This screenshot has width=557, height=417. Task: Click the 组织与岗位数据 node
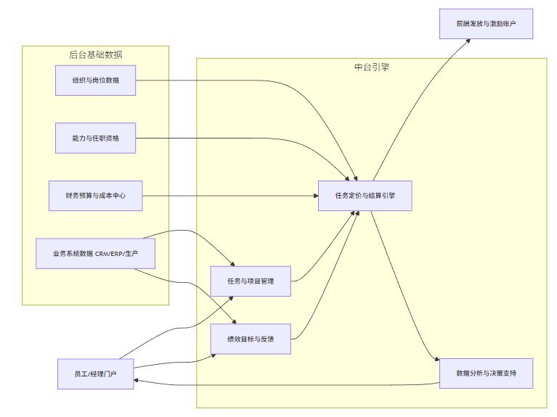pyautogui.click(x=96, y=80)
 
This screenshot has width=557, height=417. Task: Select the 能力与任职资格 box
pyautogui.click(x=96, y=138)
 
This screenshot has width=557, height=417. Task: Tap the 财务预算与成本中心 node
pyautogui.click(x=96, y=196)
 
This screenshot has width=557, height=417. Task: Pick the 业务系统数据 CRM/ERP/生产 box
pyautogui.click(x=96, y=254)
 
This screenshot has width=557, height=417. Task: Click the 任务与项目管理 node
pyautogui.click(x=251, y=281)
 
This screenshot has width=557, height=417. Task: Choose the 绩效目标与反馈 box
pyautogui.click(x=251, y=339)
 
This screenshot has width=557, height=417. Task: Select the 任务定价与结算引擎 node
pyautogui.click(x=365, y=196)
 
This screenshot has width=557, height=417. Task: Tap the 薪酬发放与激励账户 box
pyautogui.click(x=486, y=24)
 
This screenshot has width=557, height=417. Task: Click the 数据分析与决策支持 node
pyautogui.click(x=486, y=373)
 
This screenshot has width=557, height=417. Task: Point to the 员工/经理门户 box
pyautogui.click(x=96, y=373)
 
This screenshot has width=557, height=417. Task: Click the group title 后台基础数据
pyautogui.click(x=95, y=54)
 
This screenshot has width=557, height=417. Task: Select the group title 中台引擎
pyautogui.click(x=371, y=67)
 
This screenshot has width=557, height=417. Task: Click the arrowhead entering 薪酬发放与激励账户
pyautogui.click(x=468, y=41)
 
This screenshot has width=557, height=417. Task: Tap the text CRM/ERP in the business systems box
pyautogui.click(x=109, y=254)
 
